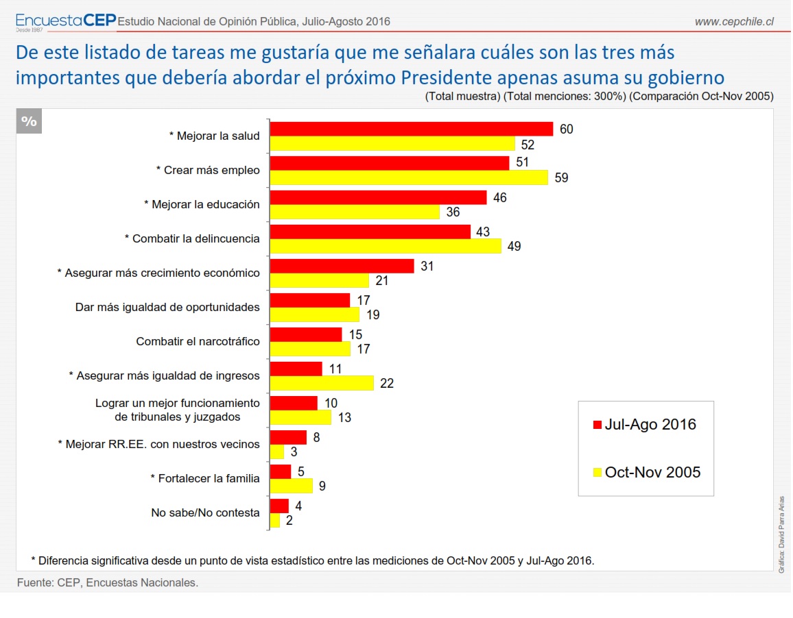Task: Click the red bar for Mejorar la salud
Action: pyautogui.click(x=412, y=129)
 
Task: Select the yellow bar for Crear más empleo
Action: pyautogui.click(x=409, y=177)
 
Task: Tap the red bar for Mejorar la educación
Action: pyautogui.click(x=378, y=197)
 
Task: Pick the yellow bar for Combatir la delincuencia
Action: pyautogui.click(x=386, y=246)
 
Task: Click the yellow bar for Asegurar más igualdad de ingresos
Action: pyautogui.click(x=322, y=383)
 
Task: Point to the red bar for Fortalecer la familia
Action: pyautogui.click(x=281, y=471)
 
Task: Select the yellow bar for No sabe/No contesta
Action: pyautogui.click(x=275, y=520)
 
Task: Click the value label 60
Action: pyautogui.click(x=566, y=129)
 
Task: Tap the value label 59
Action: pyautogui.click(x=561, y=177)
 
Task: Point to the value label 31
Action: pyautogui.click(x=427, y=266)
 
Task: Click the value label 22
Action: pyautogui.click(x=386, y=383)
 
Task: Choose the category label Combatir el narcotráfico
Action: pyautogui.click(x=198, y=341)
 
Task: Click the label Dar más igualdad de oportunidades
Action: pyautogui.click(x=167, y=307)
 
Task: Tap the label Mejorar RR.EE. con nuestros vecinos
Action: pyautogui.click(x=158, y=444)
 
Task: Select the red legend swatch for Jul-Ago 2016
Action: pyautogui.click(x=596, y=425)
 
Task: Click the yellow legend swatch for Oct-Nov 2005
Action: pyautogui.click(x=596, y=472)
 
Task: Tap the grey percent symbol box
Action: pyautogui.click(x=29, y=121)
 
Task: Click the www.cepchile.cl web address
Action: pyautogui.click(x=734, y=22)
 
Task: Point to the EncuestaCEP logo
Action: pyautogui.click(x=65, y=21)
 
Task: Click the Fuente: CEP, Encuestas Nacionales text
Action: pyautogui.click(x=107, y=582)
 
